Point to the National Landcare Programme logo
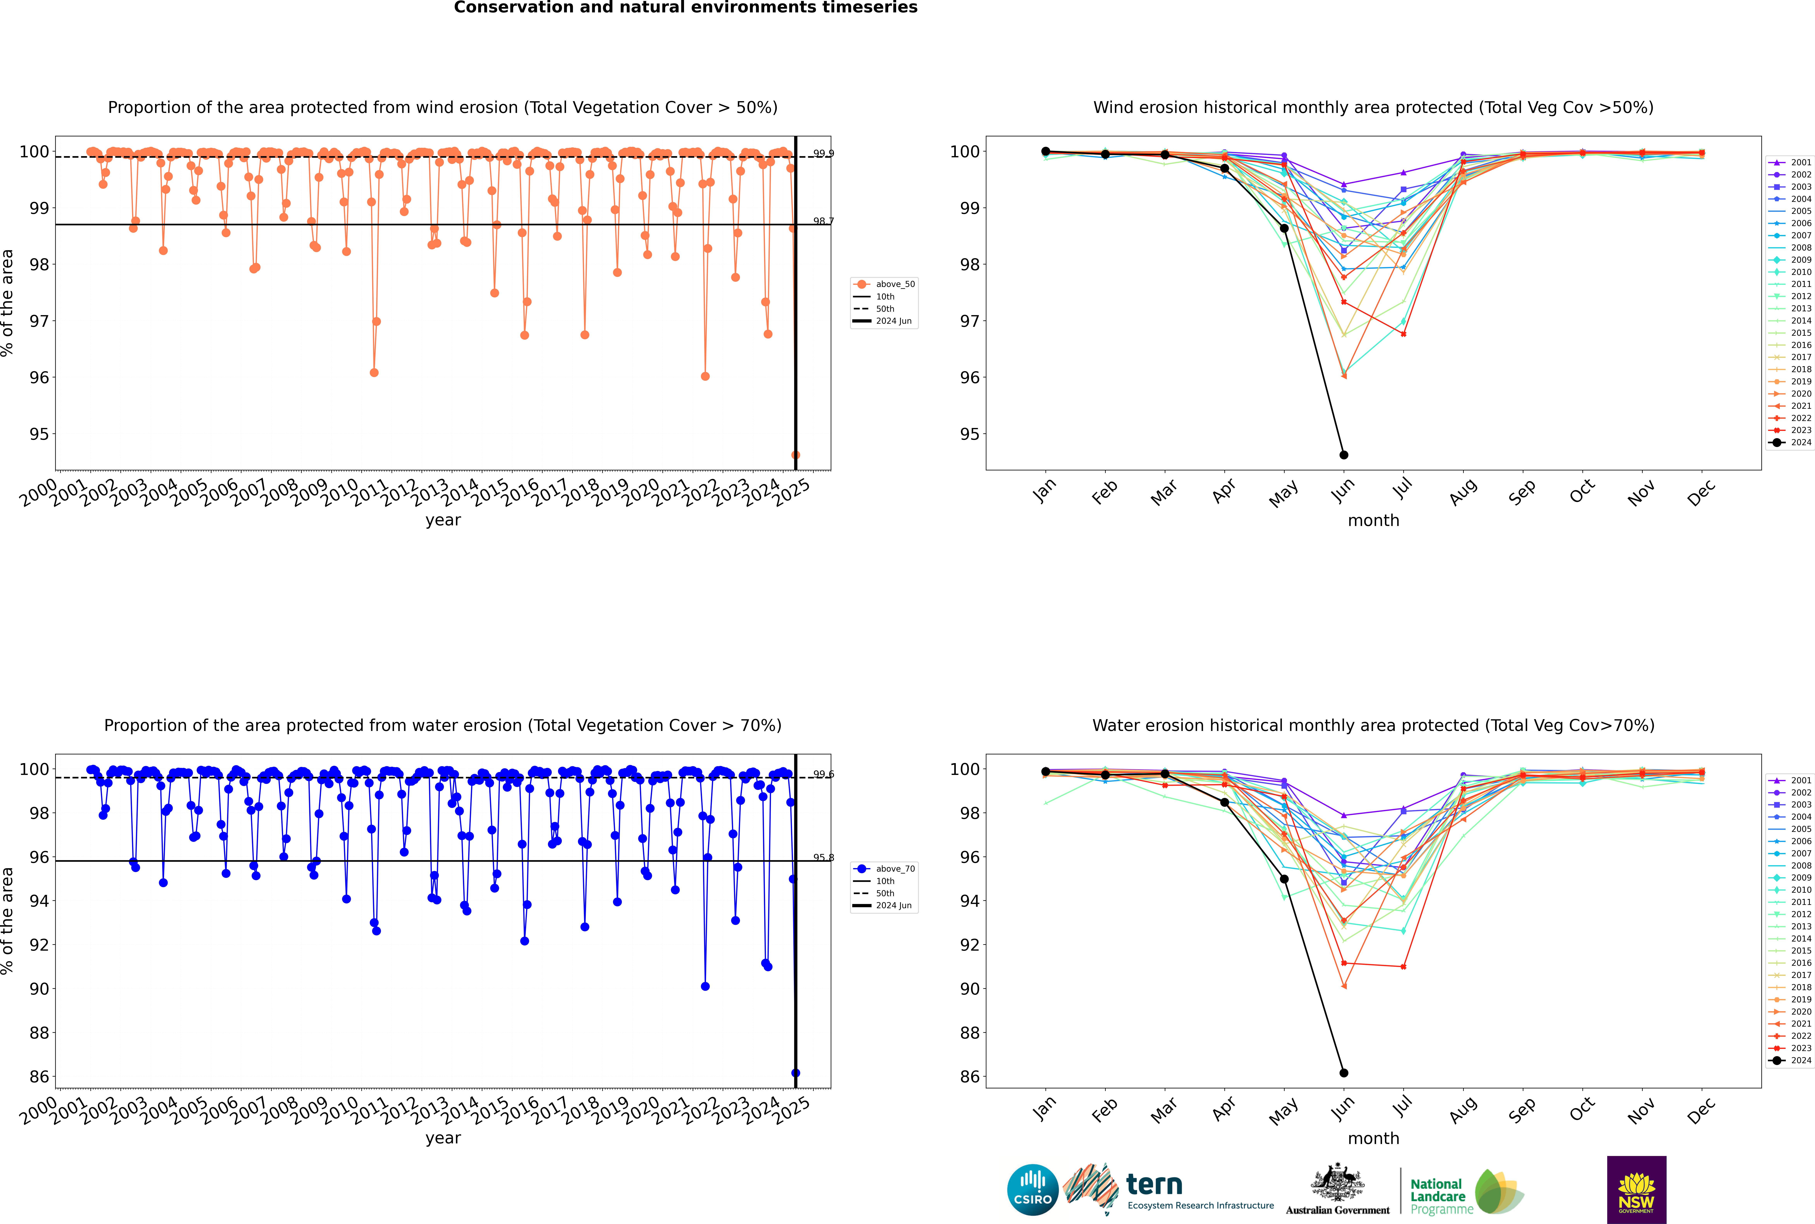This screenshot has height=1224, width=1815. point(1465,1192)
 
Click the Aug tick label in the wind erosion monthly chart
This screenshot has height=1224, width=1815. point(1463,492)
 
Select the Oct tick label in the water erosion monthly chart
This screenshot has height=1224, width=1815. point(1582,1109)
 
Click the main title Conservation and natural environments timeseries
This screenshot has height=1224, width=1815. point(685,8)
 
